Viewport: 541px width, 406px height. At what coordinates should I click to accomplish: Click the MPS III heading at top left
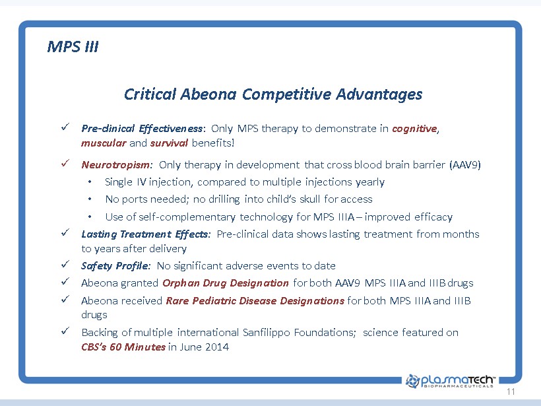pos(73,47)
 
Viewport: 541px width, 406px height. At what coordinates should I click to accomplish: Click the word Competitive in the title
pos(286,94)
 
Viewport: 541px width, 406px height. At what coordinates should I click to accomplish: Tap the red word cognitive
pos(414,129)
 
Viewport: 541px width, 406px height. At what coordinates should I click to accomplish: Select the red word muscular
pos(104,143)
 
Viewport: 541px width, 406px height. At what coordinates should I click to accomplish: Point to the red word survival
pos(169,143)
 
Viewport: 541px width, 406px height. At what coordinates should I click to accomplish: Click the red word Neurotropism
pos(115,165)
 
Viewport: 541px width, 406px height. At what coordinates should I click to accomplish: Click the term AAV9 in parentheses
pos(465,164)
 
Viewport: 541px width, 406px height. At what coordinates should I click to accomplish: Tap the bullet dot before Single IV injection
pos(90,182)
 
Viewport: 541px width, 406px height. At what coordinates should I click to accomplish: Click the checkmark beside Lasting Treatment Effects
pos(65,232)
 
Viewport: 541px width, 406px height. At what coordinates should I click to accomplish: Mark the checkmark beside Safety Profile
pos(65,264)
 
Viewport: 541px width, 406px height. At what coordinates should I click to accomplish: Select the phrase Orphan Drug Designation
pos(225,283)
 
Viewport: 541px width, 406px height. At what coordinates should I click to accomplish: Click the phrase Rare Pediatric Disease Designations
pos(255,301)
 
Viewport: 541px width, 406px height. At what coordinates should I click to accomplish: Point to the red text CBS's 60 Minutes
pos(123,347)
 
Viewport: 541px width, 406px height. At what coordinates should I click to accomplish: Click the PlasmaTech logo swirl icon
pos(412,381)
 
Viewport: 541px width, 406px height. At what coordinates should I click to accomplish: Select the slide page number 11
pos(511,391)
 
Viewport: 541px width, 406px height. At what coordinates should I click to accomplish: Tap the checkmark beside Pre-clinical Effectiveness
pos(65,127)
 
